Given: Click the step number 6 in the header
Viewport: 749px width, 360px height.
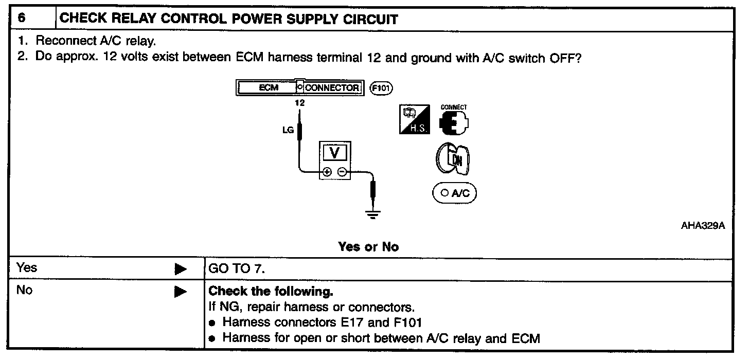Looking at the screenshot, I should coord(22,19).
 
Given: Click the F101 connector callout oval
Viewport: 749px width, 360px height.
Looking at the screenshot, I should coord(381,88).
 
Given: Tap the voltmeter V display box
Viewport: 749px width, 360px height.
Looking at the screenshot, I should coord(334,152).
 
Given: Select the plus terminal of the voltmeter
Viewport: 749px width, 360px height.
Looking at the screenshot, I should coord(327,172).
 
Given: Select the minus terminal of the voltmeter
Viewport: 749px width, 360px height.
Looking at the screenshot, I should coord(342,172).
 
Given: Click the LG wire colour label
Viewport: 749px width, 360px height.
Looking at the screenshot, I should coord(288,130).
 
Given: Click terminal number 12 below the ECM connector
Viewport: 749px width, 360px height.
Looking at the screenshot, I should coord(300,103).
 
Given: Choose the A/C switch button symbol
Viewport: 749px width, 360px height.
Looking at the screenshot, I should coord(454,193).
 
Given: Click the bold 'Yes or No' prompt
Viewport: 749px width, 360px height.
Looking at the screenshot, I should coord(368,247).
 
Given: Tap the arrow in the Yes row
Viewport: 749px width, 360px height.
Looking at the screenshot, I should coord(180,268).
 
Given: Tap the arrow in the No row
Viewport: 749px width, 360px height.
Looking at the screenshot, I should coord(180,292).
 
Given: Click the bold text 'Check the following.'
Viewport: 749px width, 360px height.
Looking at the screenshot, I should coord(271,292).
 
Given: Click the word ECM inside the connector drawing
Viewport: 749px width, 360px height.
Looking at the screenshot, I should coord(268,88).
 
